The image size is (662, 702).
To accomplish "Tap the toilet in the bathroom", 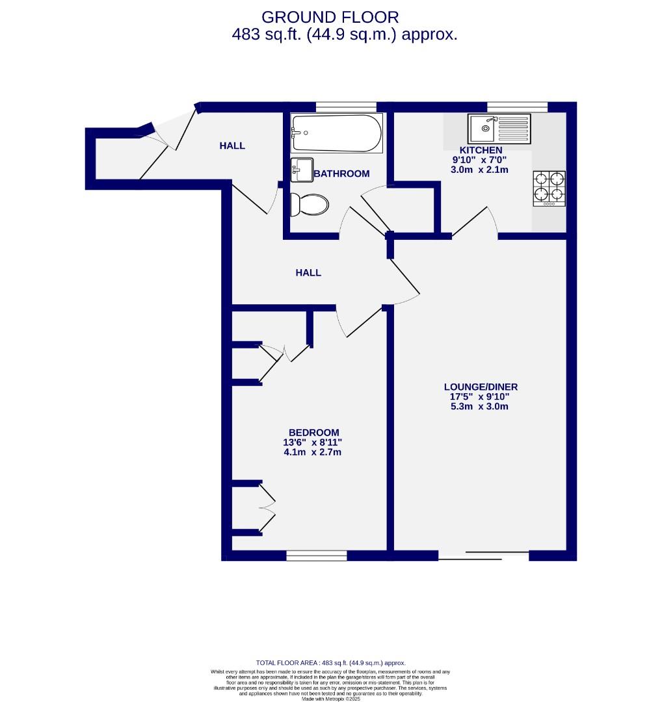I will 309,204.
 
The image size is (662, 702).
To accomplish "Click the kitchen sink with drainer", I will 499,128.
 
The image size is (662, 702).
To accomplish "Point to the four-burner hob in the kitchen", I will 549,188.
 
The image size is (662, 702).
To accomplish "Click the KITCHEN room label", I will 481,150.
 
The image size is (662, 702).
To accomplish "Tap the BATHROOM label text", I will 341,174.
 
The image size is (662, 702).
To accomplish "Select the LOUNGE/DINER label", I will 481,387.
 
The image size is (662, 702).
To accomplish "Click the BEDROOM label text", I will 313,433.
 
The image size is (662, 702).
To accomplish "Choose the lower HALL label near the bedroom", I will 308,273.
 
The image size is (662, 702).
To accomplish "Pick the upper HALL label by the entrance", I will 232,146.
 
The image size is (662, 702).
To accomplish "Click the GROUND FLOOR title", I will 330,17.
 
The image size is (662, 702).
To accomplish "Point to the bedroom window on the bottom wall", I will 317,556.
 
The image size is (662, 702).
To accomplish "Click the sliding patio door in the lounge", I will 483,555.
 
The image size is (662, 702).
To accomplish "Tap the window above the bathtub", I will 346,107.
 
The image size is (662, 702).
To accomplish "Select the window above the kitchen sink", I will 517,107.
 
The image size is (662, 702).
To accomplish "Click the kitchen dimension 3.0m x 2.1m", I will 480,170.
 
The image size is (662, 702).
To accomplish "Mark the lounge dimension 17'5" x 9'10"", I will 481,396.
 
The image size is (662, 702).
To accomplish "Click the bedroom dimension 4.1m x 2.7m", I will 313,452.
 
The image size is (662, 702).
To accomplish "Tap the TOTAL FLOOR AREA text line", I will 331,663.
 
